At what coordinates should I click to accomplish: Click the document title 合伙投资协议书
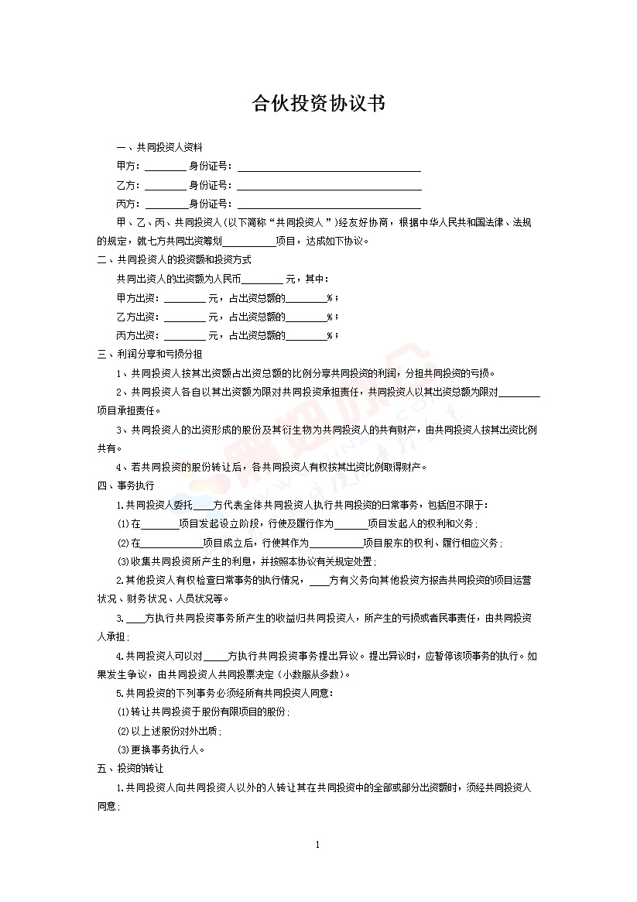pos(318,104)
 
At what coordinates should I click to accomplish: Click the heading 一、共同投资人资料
pos(159,147)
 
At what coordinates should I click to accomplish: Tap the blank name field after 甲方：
pos(165,166)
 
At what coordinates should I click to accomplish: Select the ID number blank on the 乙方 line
pos(329,186)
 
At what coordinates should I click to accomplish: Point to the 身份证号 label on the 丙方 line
pos(210,204)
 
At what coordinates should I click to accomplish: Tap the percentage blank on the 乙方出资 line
pos(307,317)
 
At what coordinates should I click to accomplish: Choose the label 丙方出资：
pos(138,336)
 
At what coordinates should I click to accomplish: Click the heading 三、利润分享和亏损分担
pos(149,354)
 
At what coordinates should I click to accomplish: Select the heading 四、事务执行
pos(125,485)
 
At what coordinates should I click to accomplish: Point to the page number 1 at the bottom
pos(318,844)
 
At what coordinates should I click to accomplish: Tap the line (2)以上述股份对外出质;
pos(169,731)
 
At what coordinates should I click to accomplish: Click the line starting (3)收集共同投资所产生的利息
pos(246,561)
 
